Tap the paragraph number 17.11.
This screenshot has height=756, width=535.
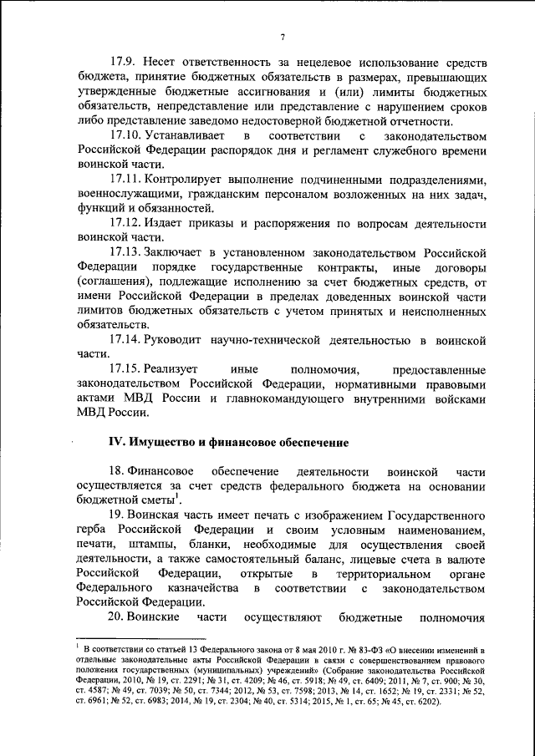(x=125, y=180)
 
